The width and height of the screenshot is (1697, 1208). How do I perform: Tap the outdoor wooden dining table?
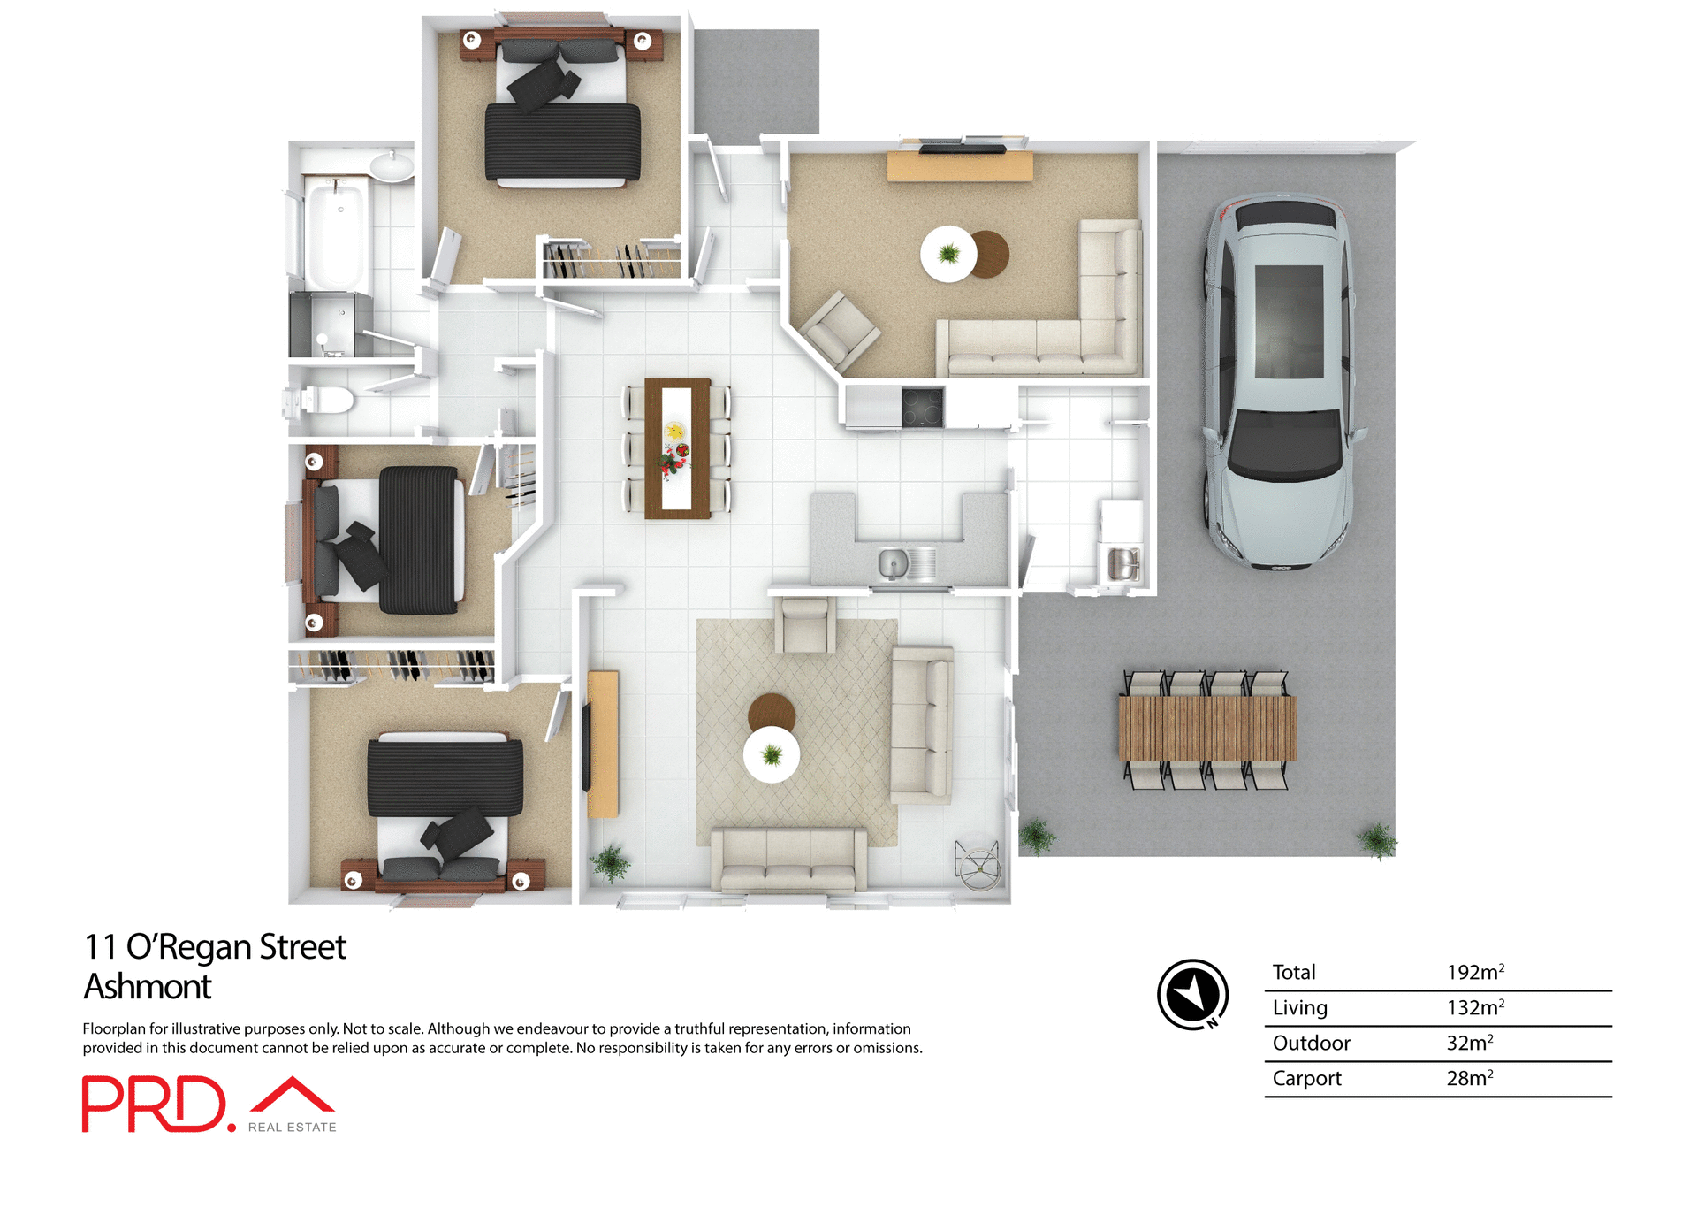[1206, 728]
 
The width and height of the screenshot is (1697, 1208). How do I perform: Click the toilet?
[324, 400]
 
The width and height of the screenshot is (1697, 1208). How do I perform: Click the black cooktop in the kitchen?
[923, 408]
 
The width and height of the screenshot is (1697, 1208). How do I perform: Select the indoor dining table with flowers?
[677, 447]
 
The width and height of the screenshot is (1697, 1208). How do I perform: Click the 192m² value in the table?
[1474, 972]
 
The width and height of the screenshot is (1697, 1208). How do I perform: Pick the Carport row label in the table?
[1306, 1078]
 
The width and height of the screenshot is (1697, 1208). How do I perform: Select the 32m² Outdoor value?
[1469, 1043]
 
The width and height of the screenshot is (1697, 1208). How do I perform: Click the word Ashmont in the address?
[148, 986]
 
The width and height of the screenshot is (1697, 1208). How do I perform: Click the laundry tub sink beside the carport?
[1122, 563]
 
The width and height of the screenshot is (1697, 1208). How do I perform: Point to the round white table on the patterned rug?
[771, 754]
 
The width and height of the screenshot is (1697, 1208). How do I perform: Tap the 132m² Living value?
[1474, 1007]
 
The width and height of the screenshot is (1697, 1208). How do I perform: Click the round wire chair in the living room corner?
[978, 864]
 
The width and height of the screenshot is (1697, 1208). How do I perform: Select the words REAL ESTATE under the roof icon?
[292, 1127]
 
